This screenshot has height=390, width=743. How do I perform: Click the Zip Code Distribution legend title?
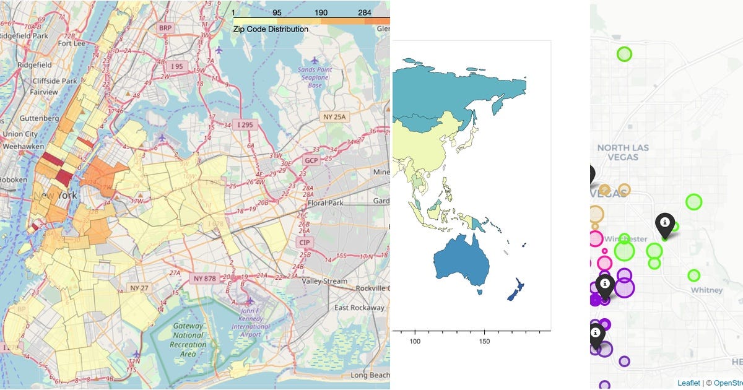pos(271,28)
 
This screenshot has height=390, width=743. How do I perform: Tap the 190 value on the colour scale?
pos(321,12)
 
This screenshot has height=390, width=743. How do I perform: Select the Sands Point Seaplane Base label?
pos(316,77)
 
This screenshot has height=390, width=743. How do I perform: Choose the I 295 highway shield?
pos(247,125)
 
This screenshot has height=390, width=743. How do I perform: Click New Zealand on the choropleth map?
pos(516,291)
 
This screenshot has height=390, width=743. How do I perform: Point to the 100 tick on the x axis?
pos(415,342)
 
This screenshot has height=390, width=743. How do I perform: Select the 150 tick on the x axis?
pos(485,342)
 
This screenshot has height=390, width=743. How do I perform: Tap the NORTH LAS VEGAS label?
pos(624,152)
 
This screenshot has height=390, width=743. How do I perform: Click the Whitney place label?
pos(706,290)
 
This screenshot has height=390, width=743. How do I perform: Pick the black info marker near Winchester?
pos(664,225)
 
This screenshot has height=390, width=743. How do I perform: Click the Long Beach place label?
pos(370,375)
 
